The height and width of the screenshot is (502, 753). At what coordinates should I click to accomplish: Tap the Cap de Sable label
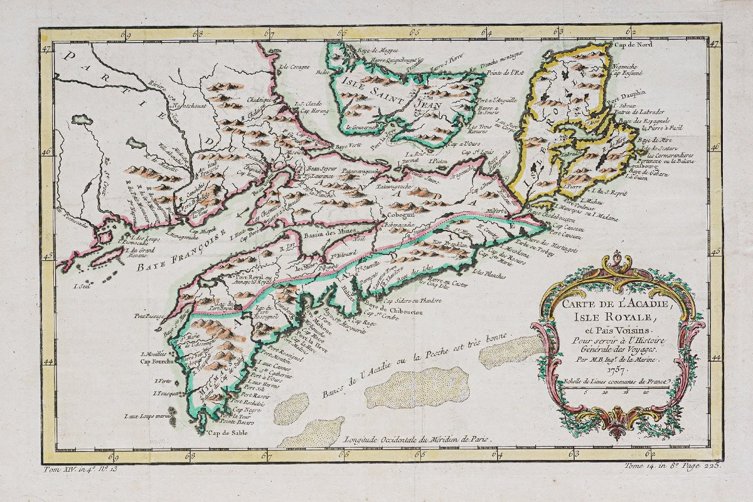pos(225,433)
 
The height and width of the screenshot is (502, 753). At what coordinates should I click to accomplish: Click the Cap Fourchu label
pos(155,361)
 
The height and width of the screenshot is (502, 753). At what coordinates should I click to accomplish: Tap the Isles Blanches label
pos(488,272)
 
